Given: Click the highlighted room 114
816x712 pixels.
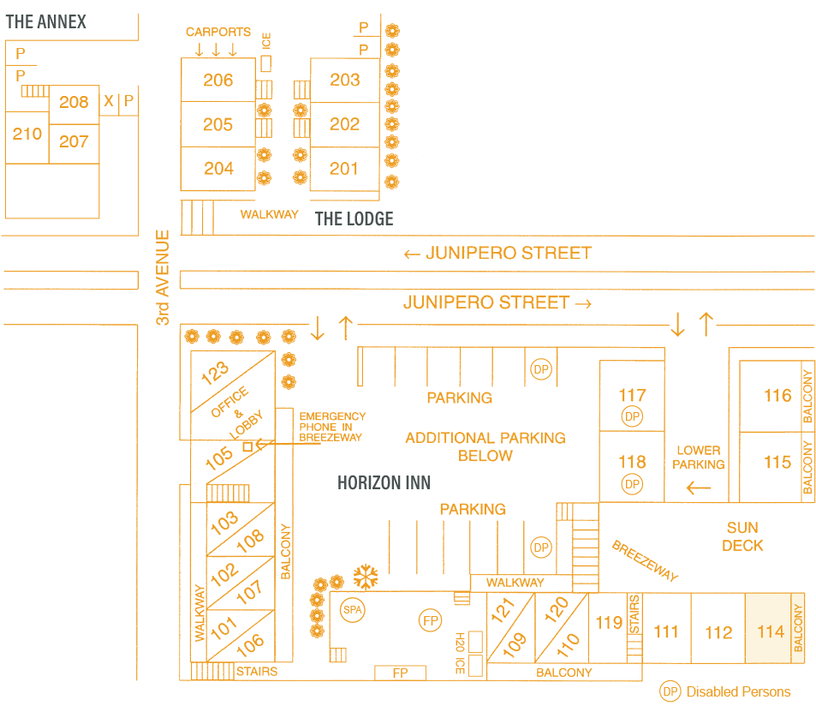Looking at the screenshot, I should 770,631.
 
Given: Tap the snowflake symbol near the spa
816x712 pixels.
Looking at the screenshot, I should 366,577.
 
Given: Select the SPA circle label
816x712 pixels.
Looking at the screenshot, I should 352,609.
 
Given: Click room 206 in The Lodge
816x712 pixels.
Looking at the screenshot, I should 218,80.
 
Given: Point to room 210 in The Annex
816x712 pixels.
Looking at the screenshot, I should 27,134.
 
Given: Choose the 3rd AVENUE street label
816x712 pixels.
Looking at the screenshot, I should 163,277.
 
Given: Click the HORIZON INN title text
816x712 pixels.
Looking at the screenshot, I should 384,483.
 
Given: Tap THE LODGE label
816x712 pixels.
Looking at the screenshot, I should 354,218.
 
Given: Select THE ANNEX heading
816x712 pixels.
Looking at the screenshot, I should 46,21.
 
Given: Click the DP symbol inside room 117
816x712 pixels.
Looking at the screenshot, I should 632,416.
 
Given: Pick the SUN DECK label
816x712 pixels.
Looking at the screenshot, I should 742,536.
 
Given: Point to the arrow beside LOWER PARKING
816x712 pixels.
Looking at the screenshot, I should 699,488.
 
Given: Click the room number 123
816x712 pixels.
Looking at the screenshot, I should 216,373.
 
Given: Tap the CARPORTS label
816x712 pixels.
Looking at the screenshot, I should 218,32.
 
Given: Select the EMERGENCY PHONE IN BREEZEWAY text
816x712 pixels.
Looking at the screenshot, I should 332,427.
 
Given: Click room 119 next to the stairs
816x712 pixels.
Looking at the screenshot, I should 609,622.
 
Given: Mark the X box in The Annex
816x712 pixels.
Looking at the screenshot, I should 109,101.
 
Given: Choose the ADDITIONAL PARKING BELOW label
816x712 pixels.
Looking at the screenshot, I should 485,446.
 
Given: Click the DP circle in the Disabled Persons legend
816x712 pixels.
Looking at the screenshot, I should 670,691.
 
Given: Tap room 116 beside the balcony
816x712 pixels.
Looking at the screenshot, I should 777,395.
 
